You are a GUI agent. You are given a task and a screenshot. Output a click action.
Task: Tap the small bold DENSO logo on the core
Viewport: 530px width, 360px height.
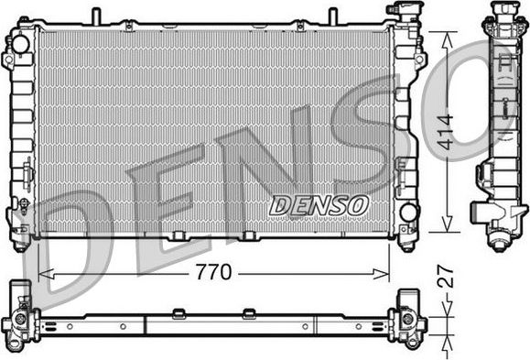coord(319,205)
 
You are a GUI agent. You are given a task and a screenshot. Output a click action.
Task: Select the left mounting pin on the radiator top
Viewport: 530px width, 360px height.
coord(94,16)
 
